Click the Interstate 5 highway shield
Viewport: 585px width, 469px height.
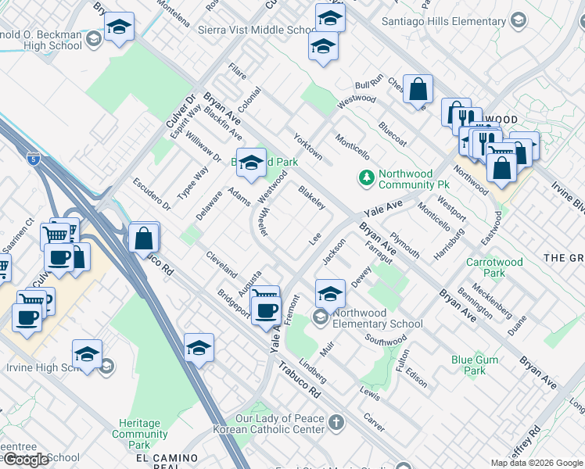[33, 159]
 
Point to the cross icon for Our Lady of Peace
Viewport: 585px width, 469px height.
[336, 424]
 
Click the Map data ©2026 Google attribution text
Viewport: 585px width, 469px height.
[537, 463]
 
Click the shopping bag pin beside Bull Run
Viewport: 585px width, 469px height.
[419, 89]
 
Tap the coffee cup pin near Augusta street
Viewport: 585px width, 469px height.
[267, 310]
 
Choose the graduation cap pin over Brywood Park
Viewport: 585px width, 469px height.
[251, 163]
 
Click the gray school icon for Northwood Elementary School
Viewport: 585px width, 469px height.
[319, 317]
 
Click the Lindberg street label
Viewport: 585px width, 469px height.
[312, 372]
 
